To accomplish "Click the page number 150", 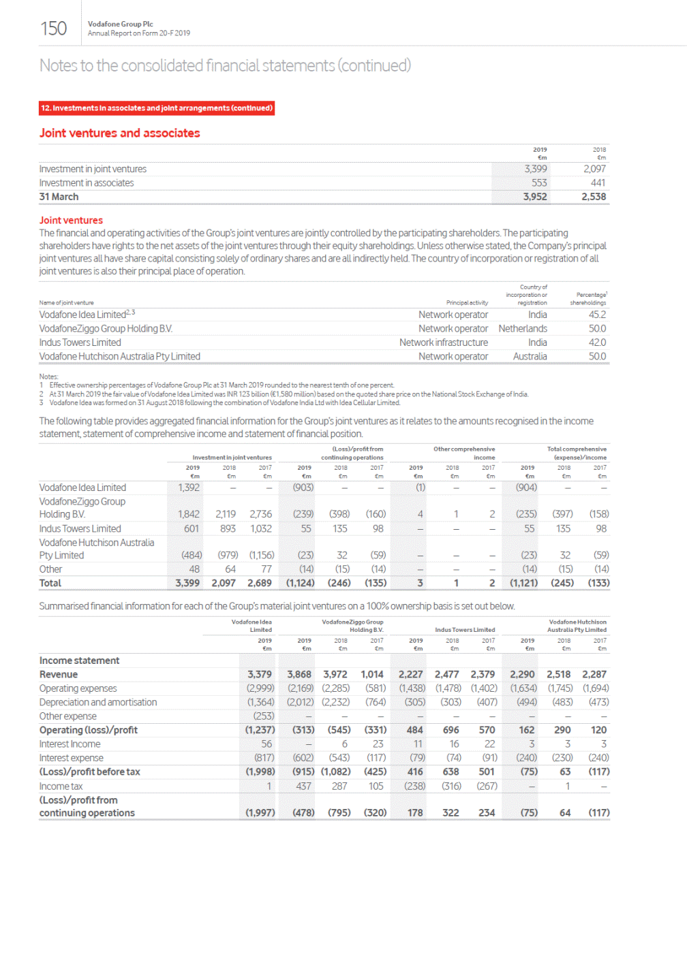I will click(x=53, y=29).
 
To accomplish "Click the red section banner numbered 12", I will click(x=157, y=108).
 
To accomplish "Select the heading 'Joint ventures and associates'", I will click(x=120, y=133).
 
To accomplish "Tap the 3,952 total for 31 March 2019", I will click(x=535, y=197).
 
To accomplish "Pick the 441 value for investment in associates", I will click(x=598, y=183).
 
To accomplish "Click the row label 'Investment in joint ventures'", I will click(x=93, y=170).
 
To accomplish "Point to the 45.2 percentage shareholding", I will click(x=597, y=315).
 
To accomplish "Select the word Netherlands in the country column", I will click(x=523, y=329).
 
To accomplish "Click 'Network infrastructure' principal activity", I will click(x=444, y=343).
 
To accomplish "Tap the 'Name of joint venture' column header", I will click(x=67, y=303).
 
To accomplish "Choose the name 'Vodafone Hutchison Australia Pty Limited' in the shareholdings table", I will click(x=120, y=357).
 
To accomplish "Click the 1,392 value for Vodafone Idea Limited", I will click(x=189, y=488).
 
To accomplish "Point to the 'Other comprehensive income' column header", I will click(x=464, y=453).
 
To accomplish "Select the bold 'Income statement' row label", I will click(x=79, y=661).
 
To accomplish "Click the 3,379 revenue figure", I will click(x=260, y=675).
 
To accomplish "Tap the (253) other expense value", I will click(x=264, y=716).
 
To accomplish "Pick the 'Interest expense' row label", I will click(x=72, y=759).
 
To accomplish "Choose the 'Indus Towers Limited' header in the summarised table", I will click(x=465, y=630).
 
